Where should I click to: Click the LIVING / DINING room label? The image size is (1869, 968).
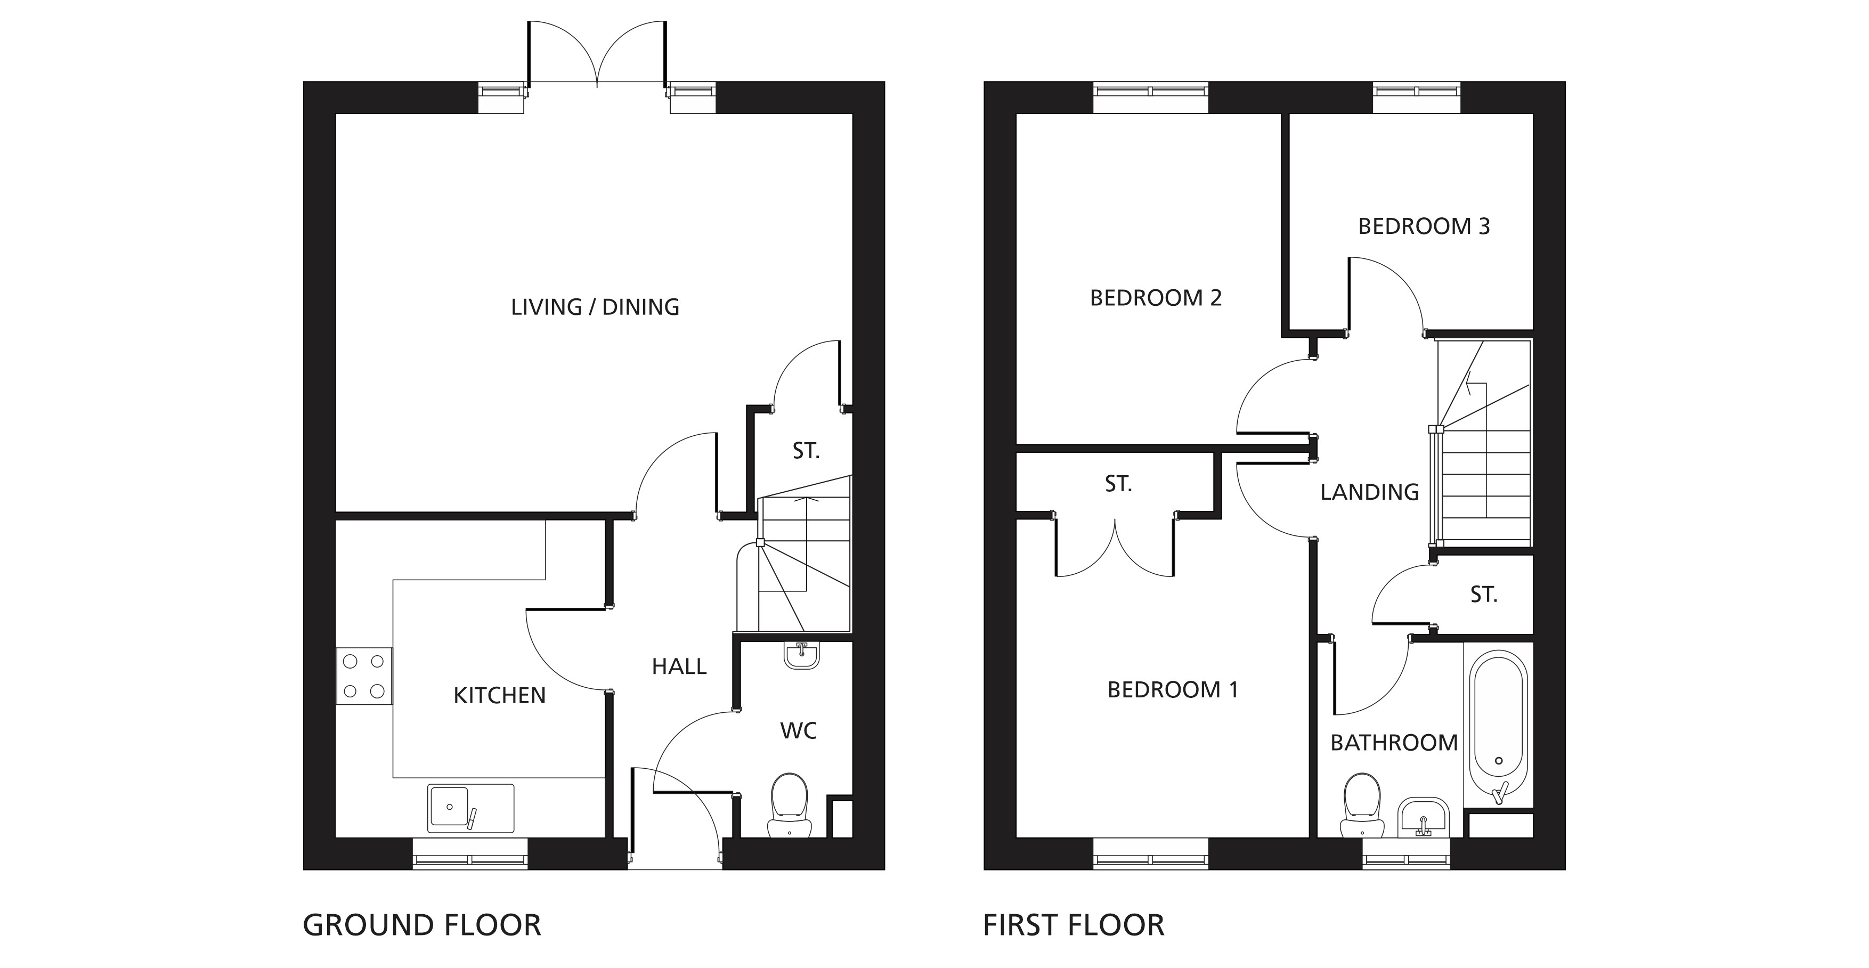click(595, 307)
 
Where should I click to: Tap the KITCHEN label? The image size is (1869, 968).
click(499, 695)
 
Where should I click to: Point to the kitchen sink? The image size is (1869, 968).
click(471, 808)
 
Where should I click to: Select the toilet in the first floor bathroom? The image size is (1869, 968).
click(1362, 806)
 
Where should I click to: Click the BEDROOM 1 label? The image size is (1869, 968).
click(1173, 689)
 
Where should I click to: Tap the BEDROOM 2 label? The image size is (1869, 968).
click(1156, 297)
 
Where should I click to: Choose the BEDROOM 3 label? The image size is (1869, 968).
click(1424, 226)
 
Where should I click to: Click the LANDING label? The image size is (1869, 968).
click(1369, 492)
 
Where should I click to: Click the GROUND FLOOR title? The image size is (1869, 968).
click(421, 925)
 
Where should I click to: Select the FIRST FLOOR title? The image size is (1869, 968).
click(1074, 925)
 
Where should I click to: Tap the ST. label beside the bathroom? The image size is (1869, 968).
click(1484, 595)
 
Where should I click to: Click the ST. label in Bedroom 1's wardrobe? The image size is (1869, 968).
click(1118, 484)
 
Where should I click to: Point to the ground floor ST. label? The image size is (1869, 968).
click(806, 451)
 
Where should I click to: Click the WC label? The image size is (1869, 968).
click(798, 731)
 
